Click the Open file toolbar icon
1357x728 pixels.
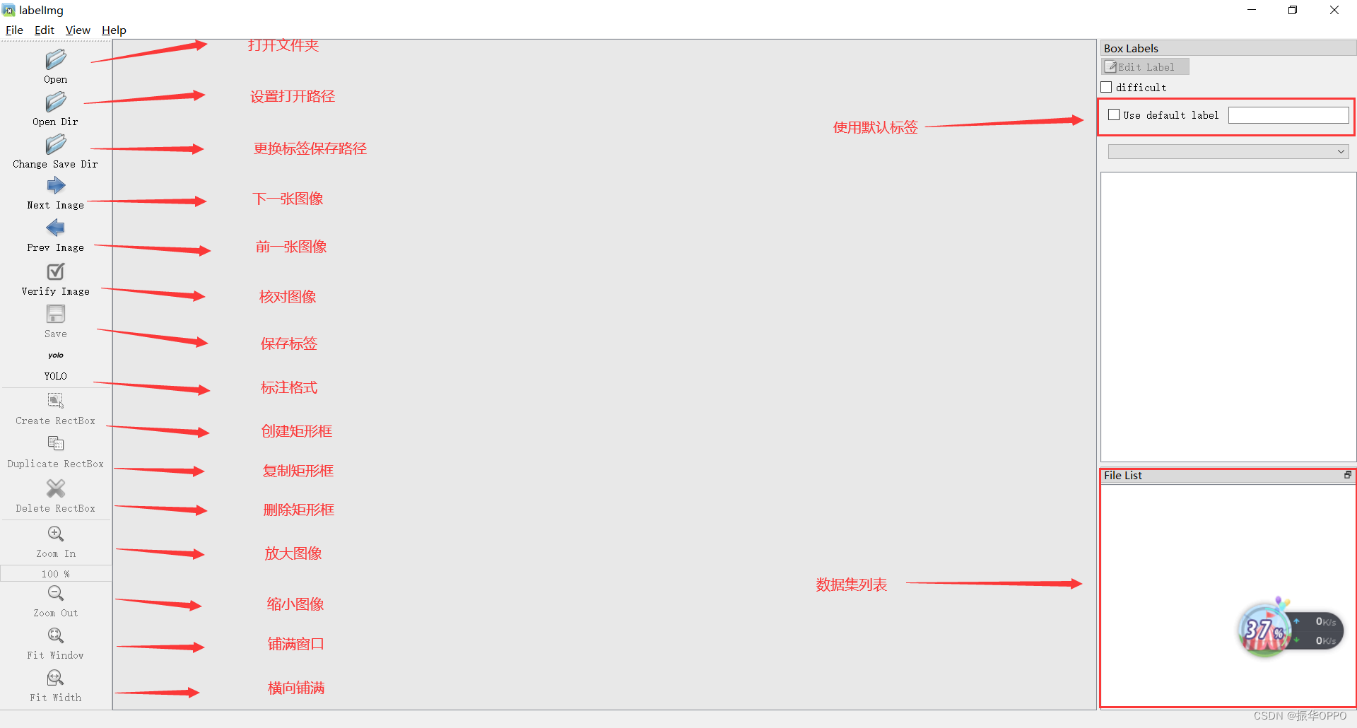point(56,59)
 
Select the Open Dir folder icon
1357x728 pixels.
point(56,102)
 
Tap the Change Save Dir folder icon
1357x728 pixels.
point(56,145)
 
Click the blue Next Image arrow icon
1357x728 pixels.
point(56,186)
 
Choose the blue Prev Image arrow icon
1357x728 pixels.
point(56,228)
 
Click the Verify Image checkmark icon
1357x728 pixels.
point(56,271)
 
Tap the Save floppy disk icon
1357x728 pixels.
point(56,314)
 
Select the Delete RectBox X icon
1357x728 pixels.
point(56,488)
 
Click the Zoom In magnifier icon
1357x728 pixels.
point(56,534)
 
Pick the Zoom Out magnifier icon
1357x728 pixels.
point(56,593)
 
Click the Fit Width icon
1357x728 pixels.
point(56,679)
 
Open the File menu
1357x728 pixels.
point(14,30)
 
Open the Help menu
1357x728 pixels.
point(114,30)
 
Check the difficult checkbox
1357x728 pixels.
point(1107,87)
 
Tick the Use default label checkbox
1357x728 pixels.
point(1115,115)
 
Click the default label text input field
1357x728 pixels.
point(1288,115)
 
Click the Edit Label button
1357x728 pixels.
point(1145,66)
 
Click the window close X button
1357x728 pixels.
point(1334,10)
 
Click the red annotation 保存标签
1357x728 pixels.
point(288,344)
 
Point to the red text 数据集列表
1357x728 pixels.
point(851,585)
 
